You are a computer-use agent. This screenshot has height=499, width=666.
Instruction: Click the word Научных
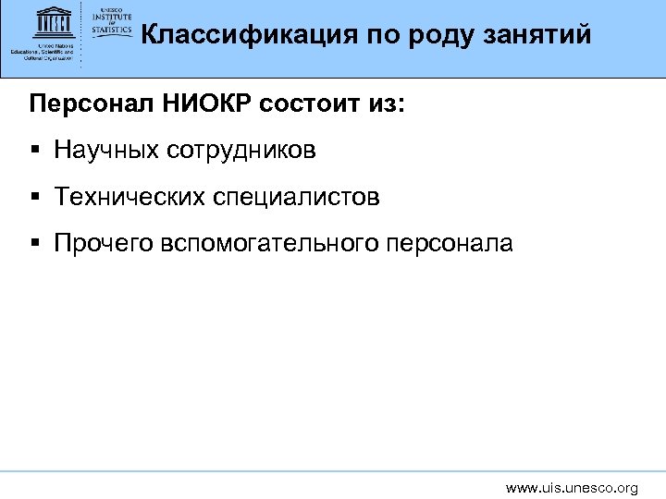coord(105,149)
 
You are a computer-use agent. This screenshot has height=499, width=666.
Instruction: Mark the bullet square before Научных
coord(34,150)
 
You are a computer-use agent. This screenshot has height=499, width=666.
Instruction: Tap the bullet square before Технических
coord(34,197)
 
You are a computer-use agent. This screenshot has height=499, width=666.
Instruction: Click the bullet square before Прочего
coord(34,244)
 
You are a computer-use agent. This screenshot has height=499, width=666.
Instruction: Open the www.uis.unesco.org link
coord(572,487)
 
